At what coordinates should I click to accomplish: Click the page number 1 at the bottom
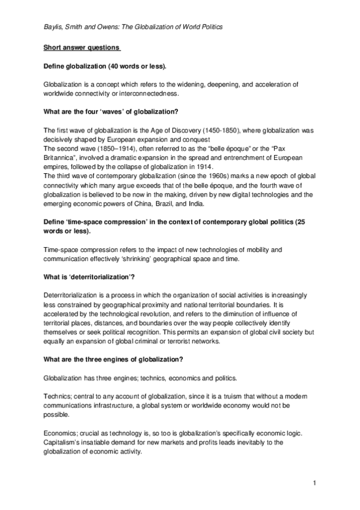coord(314,483)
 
